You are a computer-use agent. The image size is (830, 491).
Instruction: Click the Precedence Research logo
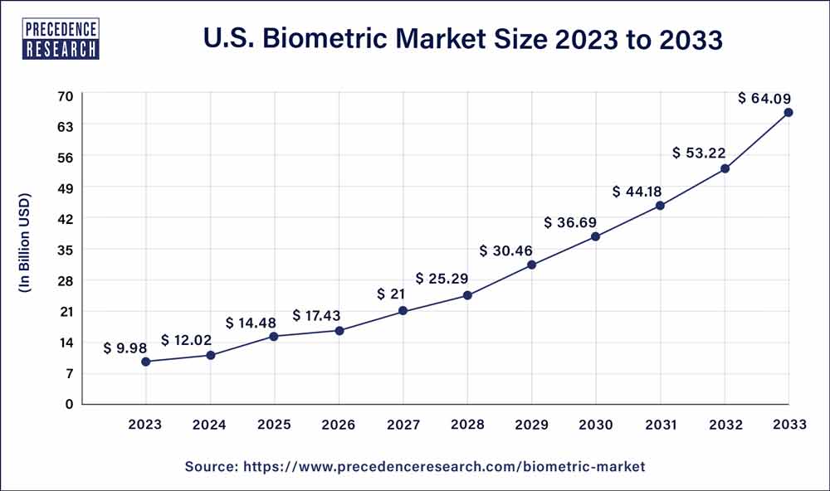coord(62,37)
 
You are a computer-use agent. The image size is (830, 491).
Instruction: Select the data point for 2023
coord(146,362)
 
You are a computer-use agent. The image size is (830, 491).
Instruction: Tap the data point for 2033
coord(788,112)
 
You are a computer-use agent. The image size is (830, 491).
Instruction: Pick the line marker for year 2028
coord(467,295)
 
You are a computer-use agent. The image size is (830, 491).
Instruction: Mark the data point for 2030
coord(596,236)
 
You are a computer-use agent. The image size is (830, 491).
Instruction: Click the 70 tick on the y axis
coord(66,95)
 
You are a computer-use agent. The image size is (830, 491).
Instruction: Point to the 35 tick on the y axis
coord(66,250)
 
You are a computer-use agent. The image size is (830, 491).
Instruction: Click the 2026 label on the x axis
coord(338,425)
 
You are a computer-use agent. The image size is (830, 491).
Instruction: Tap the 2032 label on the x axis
coord(725,425)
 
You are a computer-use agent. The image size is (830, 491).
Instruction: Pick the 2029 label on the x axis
coord(531,425)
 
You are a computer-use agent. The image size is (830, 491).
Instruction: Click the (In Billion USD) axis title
coord(25,243)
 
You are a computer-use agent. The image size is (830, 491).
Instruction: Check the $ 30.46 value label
coord(505,250)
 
